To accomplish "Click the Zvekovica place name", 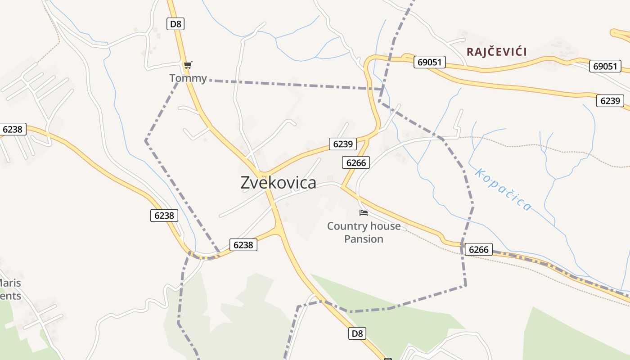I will pos(278,183).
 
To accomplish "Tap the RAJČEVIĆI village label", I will pos(496,52).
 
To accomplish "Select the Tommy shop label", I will pos(188,78).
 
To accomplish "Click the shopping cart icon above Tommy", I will pos(188,65).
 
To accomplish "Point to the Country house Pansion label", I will pos(364,232).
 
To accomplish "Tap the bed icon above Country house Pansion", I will pos(364,212).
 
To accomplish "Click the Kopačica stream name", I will pos(503,189).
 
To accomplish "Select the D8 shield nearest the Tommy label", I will pos(175,24).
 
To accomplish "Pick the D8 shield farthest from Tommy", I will pos(356,333).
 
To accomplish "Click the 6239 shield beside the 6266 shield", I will pos(342,144).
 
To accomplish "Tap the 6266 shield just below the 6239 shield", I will pos(356,162).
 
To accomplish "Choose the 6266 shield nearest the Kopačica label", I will pos(478,249).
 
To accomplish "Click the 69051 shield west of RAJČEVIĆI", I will pos(429,62).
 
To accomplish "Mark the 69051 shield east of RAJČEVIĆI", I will pos(605,66).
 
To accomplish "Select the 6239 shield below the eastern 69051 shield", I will pos(610,101).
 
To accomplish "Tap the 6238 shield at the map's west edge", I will pos(13,130).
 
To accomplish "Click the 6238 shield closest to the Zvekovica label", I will pos(243,245).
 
